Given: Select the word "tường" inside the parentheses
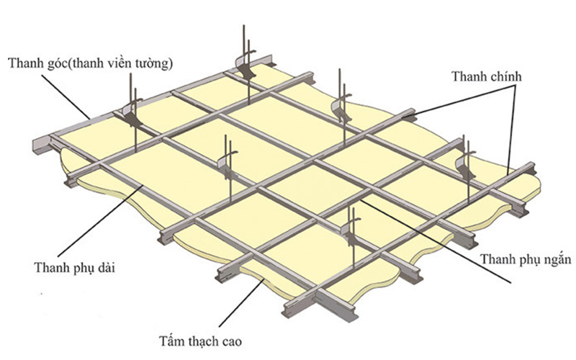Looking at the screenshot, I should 153,64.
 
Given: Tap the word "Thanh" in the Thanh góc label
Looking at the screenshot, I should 25,64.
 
